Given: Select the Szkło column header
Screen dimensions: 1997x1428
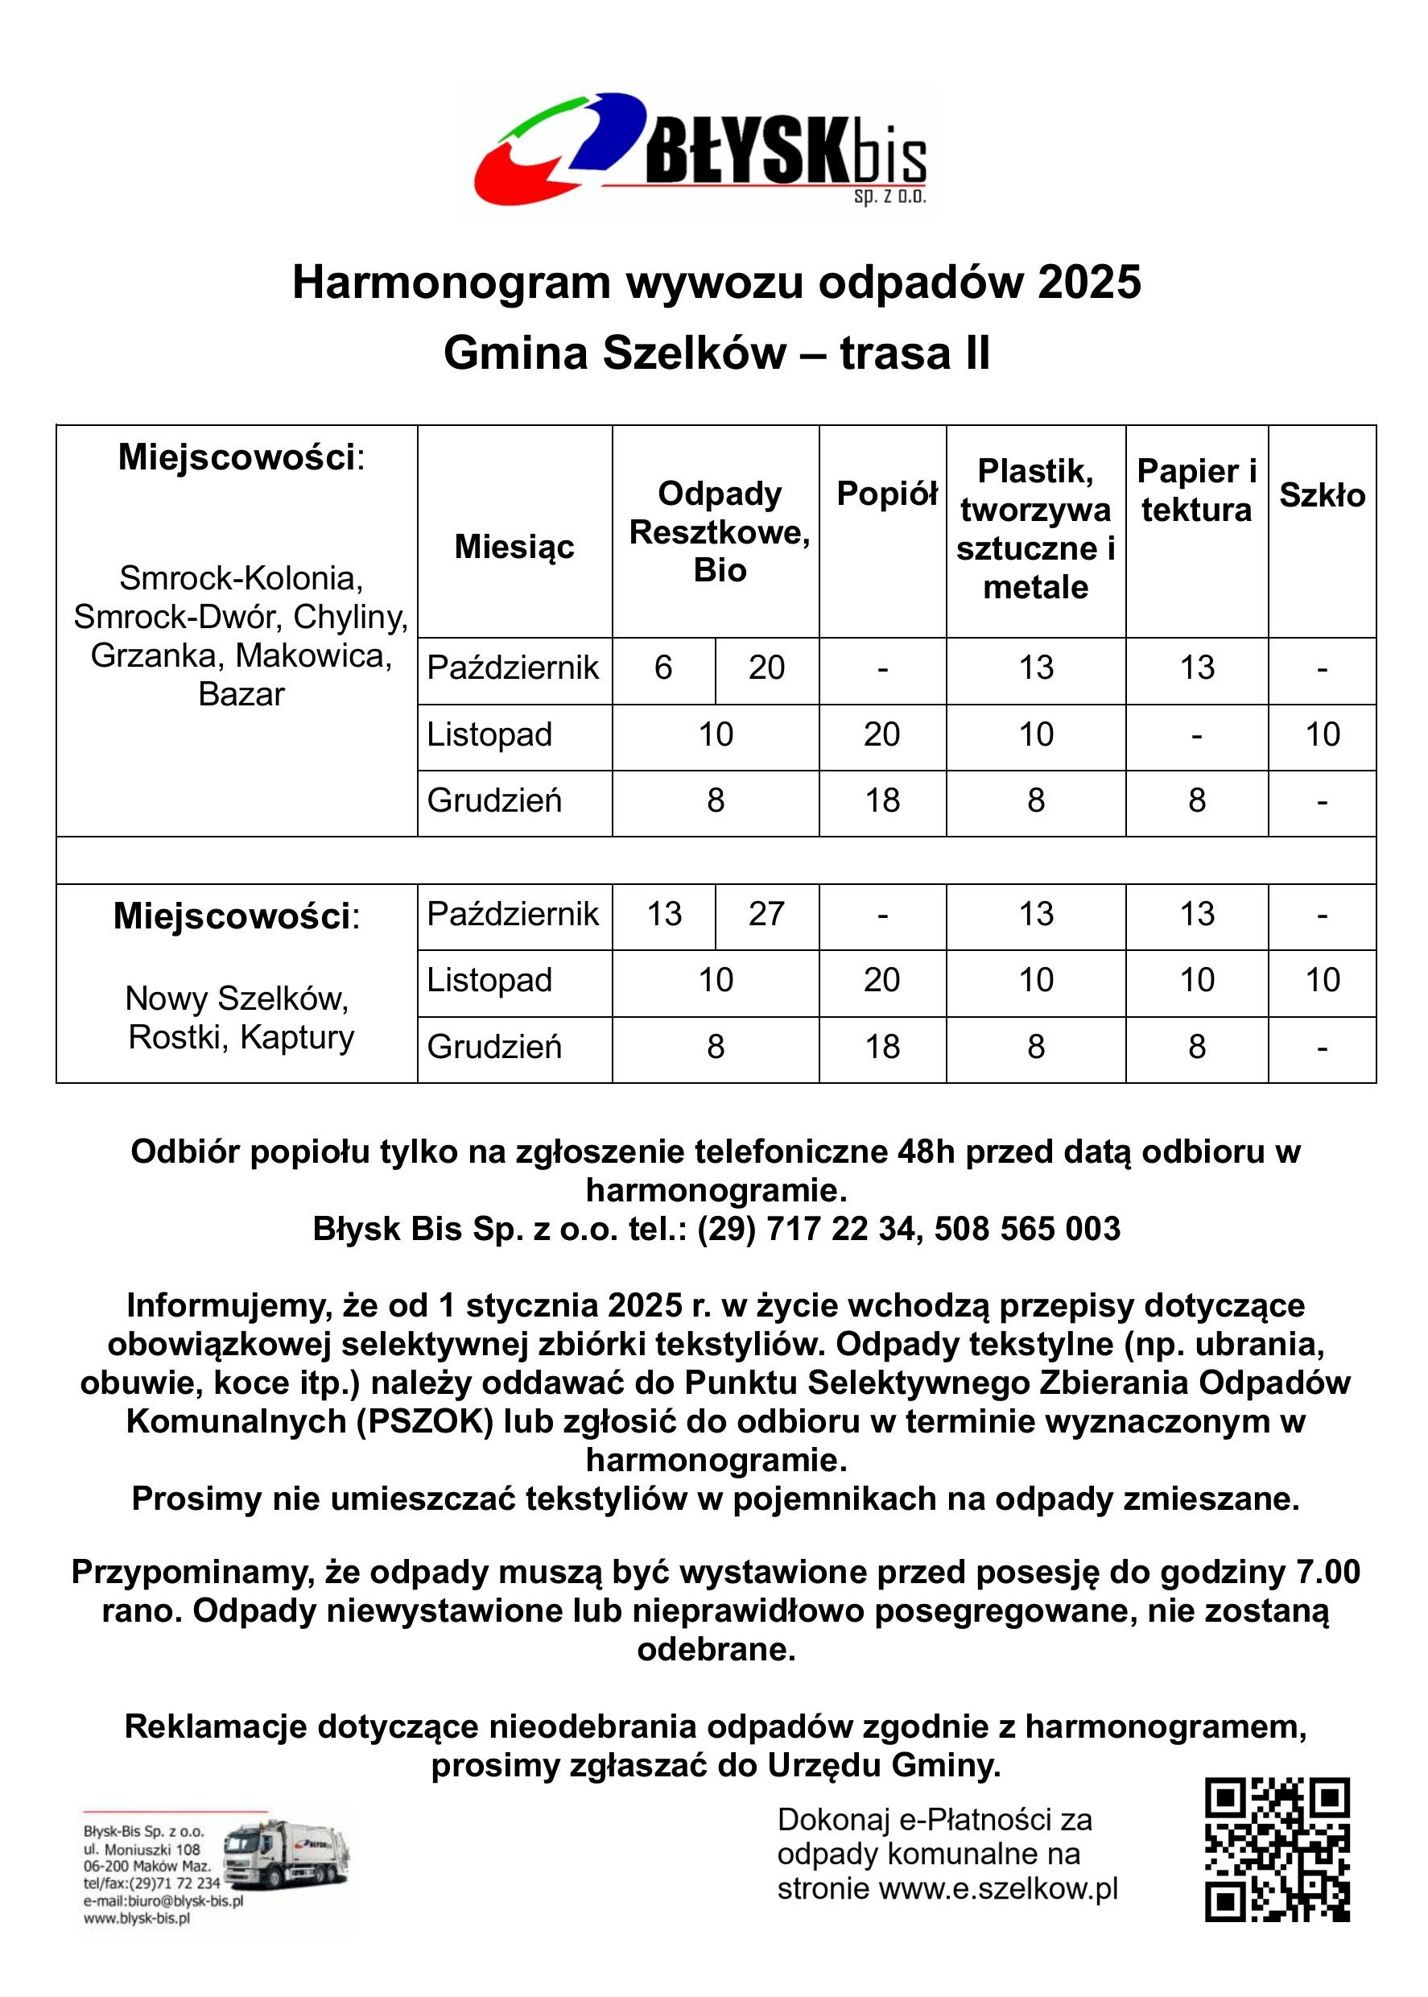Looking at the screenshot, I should click(1322, 495).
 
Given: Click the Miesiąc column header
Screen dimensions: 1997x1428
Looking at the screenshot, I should click(514, 547).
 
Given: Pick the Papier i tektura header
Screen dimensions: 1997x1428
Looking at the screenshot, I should click(1196, 490).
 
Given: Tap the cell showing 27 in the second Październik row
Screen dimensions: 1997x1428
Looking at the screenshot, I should click(767, 914).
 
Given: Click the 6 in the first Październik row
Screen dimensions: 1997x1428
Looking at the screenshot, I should click(663, 668).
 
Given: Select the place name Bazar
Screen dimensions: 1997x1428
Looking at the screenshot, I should click(241, 695).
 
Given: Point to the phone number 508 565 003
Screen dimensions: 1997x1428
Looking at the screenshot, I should click(1027, 1229).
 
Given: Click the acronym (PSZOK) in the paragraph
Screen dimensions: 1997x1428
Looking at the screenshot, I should click(425, 1421).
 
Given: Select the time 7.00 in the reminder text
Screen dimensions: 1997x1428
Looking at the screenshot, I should click(1327, 1571).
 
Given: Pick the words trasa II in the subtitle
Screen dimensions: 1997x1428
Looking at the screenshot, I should click(914, 354).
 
